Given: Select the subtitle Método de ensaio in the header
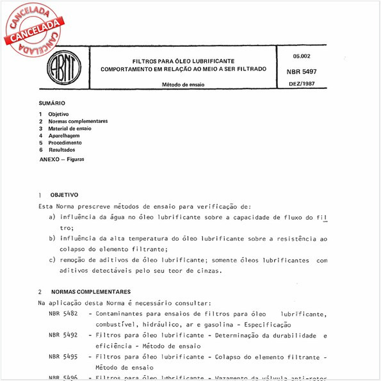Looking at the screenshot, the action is [x=183, y=85].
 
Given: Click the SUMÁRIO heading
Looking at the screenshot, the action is [x=53, y=103].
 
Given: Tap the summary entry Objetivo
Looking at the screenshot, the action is [x=58, y=114].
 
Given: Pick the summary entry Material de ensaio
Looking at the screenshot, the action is [x=70, y=128].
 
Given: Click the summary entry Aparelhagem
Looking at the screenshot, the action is [x=65, y=136].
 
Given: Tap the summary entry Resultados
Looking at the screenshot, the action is [x=61, y=150].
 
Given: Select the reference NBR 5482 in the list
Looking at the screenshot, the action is [x=63, y=313].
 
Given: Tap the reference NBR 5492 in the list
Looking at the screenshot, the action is [x=63, y=335].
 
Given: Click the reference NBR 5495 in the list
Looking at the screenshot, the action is [x=63, y=357].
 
